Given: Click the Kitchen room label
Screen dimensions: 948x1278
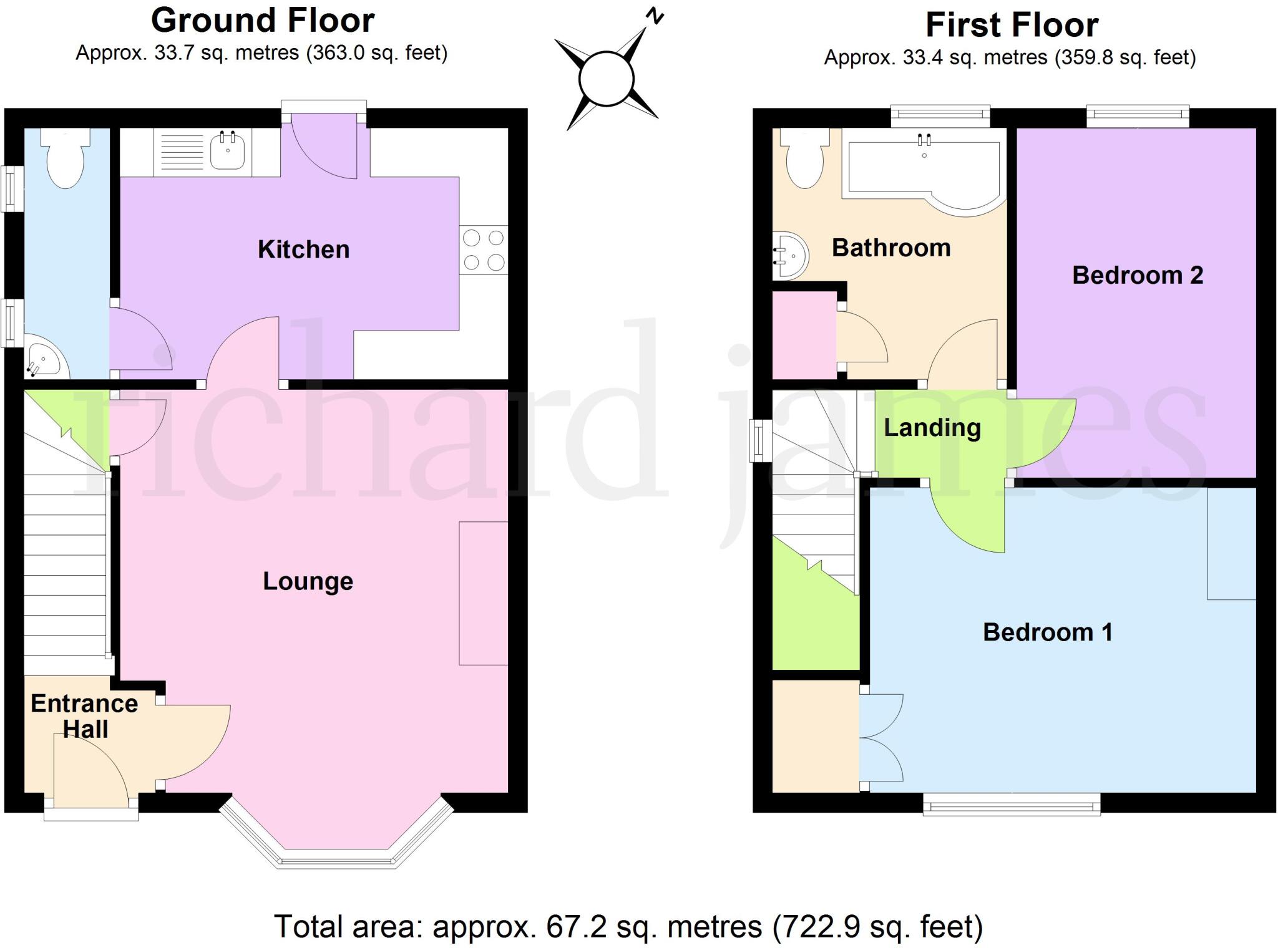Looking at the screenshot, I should point(303,249).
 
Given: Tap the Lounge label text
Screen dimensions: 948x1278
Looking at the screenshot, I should point(308,581).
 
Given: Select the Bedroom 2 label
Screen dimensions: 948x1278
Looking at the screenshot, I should point(1137,275).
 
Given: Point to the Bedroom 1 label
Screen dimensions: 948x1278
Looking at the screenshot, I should point(1047,632).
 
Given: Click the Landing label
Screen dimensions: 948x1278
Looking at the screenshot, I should point(932,428).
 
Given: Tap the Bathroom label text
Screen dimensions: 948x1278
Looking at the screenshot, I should point(891,248).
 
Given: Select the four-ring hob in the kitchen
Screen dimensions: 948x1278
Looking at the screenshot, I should point(484,250).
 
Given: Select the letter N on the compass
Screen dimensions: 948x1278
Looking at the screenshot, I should point(655,16).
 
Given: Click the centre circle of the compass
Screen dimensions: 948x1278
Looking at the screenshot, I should point(606,79).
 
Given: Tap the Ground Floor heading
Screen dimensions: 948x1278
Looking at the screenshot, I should point(263,21).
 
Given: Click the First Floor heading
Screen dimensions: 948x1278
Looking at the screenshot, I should point(1012,25).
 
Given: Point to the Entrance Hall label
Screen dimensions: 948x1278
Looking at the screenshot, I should point(84,716).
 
